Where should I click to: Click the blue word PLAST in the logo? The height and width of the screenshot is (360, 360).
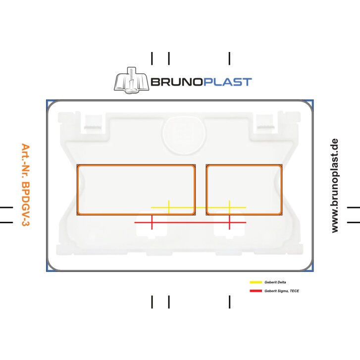[x=226, y=82]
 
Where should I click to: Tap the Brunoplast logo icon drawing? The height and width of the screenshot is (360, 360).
[x=130, y=80]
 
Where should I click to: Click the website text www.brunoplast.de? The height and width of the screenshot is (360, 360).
[x=335, y=186]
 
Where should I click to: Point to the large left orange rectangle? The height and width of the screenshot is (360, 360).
[x=136, y=190]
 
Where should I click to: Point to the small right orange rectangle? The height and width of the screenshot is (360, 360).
[x=244, y=190]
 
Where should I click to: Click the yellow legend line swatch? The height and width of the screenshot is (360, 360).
[x=256, y=282]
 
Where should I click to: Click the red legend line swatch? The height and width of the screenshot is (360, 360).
[x=256, y=291]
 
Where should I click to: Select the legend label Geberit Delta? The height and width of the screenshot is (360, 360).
[x=275, y=282]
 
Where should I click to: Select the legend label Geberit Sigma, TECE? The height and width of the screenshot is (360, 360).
[x=282, y=291]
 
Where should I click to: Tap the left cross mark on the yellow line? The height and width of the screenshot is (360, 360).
[x=169, y=207]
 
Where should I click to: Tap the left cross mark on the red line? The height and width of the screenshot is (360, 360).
[x=152, y=223]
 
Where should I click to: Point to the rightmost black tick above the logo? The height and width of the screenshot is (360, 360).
[x=229, y=58]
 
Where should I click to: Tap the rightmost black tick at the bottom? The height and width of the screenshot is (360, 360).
[x=229, y=302]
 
